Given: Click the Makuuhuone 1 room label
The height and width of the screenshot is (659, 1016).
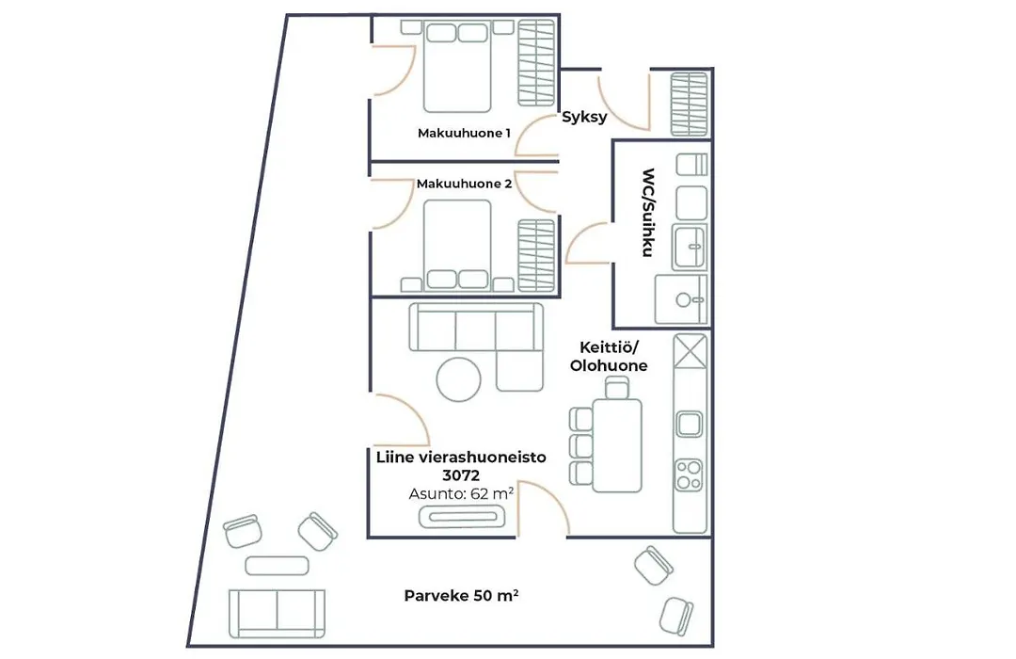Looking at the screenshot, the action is (x=464, y=133).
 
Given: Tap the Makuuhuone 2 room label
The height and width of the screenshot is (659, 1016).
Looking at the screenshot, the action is (x=464, y=184).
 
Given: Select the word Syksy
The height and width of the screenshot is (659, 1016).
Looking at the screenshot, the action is (x=584, y=118).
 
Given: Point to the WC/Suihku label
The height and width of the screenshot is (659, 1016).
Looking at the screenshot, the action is (x=648, y=213).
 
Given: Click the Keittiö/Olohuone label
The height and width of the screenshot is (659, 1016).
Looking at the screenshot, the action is (x=609, y=357).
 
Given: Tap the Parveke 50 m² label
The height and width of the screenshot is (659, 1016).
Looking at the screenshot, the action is (x=461, y=595).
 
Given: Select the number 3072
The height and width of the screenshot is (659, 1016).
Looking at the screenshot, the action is (x=461, y=475).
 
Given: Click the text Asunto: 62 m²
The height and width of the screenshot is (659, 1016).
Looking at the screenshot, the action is (x=461, y=493).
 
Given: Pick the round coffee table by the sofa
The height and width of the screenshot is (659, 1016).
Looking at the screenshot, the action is (x=459, y=379).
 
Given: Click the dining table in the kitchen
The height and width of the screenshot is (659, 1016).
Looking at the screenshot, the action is (x=617, y=445).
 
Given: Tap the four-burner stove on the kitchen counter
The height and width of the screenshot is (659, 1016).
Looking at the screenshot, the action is (x=689, y=474).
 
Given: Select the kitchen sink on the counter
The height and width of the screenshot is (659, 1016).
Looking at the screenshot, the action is (x=689, y=425).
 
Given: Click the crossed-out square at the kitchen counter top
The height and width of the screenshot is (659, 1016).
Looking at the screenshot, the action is (x=691, y=351).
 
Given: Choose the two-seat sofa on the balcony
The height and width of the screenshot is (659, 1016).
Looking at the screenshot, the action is (x=277, y=614).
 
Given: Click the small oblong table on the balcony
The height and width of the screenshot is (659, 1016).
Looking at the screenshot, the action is (x=277, y=566).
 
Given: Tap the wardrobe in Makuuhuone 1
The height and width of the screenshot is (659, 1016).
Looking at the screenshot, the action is (x=536, y=62).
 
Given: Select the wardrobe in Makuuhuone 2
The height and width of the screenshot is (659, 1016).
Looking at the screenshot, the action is (x=536, y=255).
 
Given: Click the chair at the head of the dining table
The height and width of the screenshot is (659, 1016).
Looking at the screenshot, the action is (x=616, y=387).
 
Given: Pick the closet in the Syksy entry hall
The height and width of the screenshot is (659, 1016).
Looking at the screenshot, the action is (x=689, y=104).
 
